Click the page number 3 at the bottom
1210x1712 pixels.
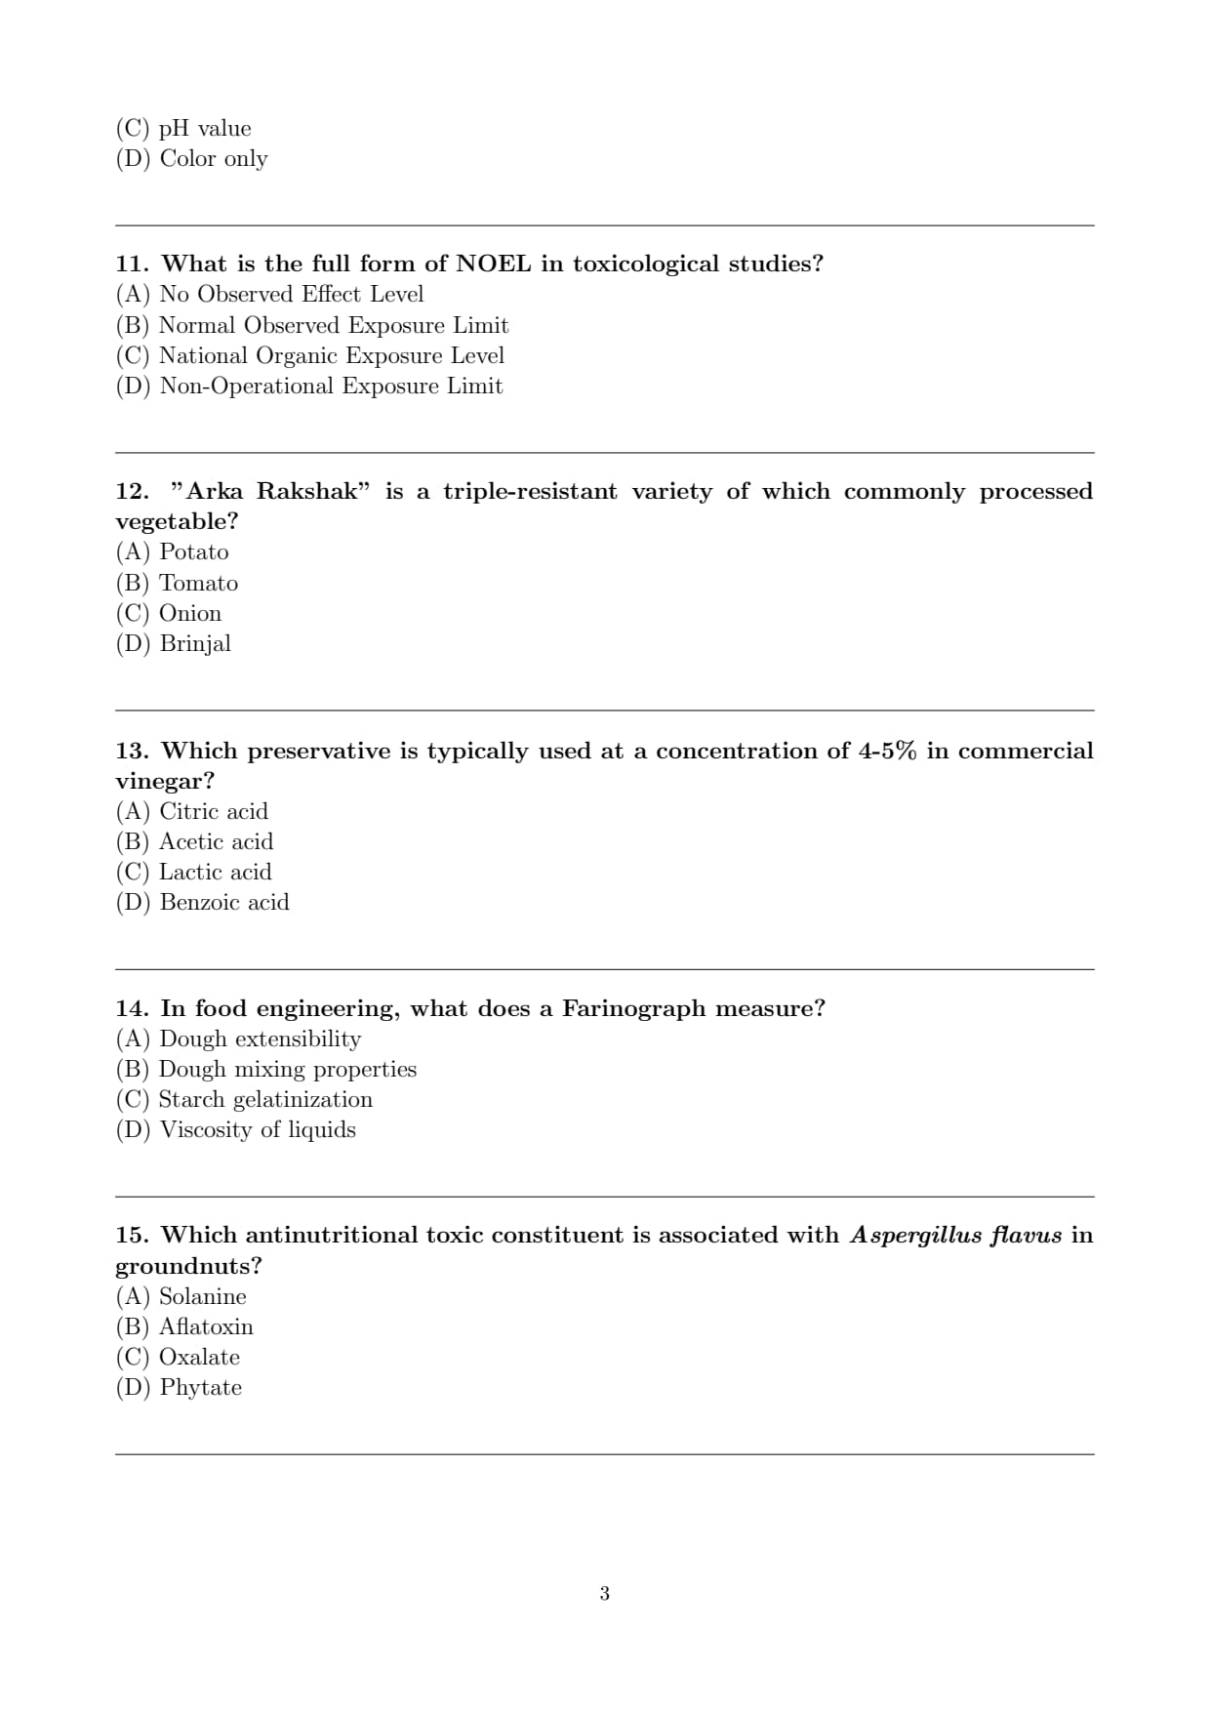[605, 1594]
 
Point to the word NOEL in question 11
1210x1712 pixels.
[494, 265]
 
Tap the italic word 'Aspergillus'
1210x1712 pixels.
[914, 1236]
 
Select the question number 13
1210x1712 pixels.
[132, 752]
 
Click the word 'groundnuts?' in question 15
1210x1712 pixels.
[188, 1267]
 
